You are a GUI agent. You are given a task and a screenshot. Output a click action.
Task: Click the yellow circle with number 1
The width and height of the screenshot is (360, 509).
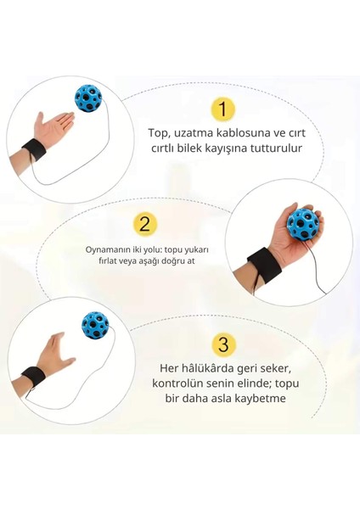click(x=222, y=109)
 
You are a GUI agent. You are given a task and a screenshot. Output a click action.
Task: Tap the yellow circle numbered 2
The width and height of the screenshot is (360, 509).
click(x=145, y=224)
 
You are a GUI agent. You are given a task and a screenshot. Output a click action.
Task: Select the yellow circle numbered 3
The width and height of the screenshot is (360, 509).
click(x=222, y=344)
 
